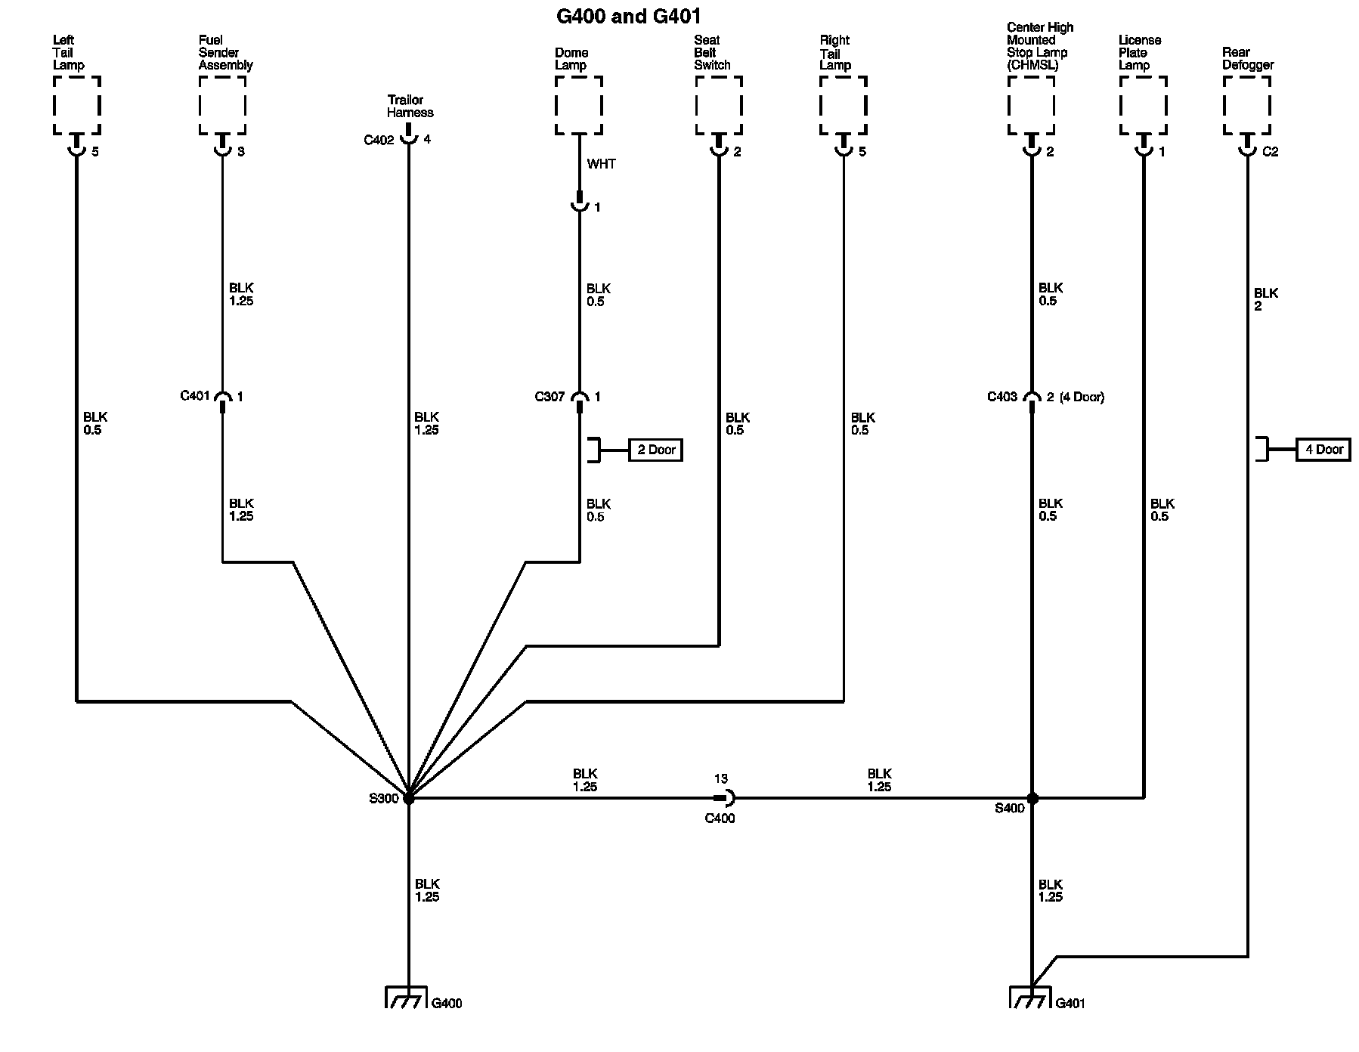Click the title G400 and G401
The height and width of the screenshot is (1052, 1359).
coord(628,16)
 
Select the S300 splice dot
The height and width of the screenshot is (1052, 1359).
coord(409,797)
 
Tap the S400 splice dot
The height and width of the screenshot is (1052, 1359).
coord(1032,798)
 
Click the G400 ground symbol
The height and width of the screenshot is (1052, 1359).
coord(409,998)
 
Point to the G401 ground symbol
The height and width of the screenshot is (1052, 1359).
coord(1032,998)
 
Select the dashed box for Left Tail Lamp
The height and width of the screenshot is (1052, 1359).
coord(77,105)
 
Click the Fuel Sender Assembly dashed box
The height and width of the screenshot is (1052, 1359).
coord(222,105)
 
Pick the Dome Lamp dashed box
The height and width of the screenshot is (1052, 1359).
coord(579,105)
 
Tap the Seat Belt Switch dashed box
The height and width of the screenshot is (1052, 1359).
coord(718,105)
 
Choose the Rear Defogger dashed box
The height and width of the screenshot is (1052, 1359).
coord(1247,105)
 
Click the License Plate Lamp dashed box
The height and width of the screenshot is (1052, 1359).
coord(1143,105)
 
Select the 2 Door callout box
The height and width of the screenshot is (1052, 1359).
coord(655,450)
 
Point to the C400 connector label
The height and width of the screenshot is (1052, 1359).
coord(719,818)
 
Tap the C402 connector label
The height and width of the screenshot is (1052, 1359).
coord(379,140)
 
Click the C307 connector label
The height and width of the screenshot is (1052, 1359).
coord(549,397)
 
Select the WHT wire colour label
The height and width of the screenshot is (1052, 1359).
coord(601,164)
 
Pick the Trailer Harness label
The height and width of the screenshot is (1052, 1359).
coord(410,107)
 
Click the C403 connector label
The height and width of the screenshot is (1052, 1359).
coord(1002,397)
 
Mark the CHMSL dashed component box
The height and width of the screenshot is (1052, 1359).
coord(1032,105)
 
